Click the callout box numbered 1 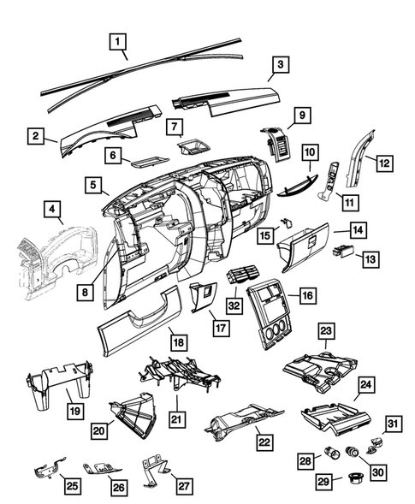tap(119, 39)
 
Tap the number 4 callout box tap(52, 208)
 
